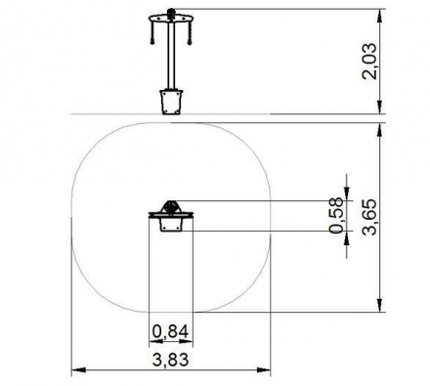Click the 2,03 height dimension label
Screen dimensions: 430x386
pyautogui.click(x=369, y=62)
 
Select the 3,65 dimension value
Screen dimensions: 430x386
pyautogui.click(x=369, y=217)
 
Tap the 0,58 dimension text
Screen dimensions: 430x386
pyautogui.click(x=337, y=215)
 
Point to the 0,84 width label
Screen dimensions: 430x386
pyautogui.click(x=170, y=332)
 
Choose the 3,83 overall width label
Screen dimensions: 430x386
pyautogui.click(x=170, y=361)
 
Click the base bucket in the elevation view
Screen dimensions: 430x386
pyautogui.click(x=171, y=102)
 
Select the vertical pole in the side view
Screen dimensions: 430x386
pyautogui.click(x=171, y=56)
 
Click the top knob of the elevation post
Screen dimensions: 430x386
pyautogui.click(x=171, y=13)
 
